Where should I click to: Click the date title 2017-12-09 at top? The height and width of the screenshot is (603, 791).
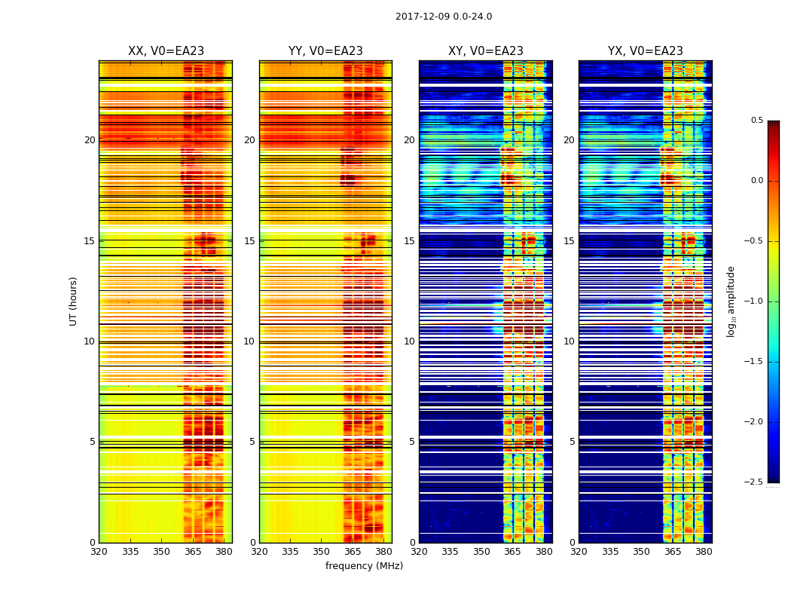pyautogui.click(x=444, y=17)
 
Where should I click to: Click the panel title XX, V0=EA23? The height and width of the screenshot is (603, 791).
pyautogui.click(x=166, y=51)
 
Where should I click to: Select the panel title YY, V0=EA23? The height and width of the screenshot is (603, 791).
pyautogui.click(x=325, y=51)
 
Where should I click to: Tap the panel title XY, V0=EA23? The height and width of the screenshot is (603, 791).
pyautogui.click(x=485, y=51)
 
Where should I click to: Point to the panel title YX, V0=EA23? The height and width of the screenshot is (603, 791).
pyautogui.click(x=646, y=51)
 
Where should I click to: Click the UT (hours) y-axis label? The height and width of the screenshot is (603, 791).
pyautogui.click(x=74, y=301)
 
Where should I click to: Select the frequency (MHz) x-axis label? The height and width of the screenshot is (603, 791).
pyautogui.click(x=364, y=566)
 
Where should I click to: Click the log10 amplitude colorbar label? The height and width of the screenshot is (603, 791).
pyautogui.click(x=731, y=301)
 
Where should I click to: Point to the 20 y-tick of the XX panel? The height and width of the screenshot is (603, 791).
pyautogui.click(x=90, y=140)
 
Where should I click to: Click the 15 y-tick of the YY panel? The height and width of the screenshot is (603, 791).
pyautogui.click(x=250, y=241)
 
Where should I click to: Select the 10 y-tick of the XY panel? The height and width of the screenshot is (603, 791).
pyautogui.click(x=410, y=341)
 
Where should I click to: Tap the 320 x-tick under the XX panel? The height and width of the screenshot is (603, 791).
pyautogui.click(x=99, y=552)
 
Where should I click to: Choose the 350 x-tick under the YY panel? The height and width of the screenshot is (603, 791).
pyautogui.click(x=322, y=552)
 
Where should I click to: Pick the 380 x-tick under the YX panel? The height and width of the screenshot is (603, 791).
pyautogui.click(x=704, y=552)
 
